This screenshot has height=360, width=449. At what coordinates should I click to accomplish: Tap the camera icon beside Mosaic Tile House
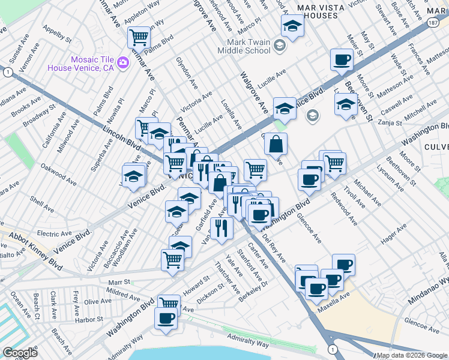[x=123, y=62]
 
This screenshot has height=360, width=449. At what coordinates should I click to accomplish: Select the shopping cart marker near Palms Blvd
[x=139, y=37]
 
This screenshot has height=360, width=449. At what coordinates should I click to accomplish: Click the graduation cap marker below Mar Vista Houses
[x=292, y=26]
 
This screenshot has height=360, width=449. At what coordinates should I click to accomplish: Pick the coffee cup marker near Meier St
[x=342, y=59]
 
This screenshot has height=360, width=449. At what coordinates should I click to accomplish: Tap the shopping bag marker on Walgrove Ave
[x=276, y=143]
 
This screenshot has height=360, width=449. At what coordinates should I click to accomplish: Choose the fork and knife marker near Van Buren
[x=222, y=228]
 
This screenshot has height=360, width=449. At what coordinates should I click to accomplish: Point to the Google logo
[x=19, y=353]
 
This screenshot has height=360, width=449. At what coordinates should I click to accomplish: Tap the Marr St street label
[x=119, y=281]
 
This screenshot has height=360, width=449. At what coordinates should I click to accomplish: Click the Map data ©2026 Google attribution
[x=412, y=355]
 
